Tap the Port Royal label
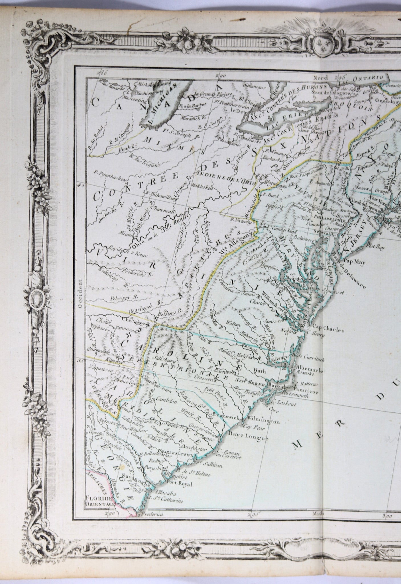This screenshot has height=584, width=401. click(180, 483)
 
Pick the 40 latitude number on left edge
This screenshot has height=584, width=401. click(82, 185)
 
